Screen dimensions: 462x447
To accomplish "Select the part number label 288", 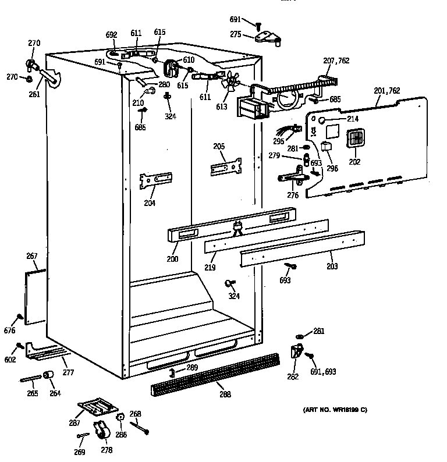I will click(x=225, y=394).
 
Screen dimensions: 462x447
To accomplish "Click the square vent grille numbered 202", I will click(x=354, y=140).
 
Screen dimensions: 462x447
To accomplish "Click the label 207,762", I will click(x=336, y=61).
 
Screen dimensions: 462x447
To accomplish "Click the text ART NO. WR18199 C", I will click(x=335, y=410).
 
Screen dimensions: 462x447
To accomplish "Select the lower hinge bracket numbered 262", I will click(x=296, y=353).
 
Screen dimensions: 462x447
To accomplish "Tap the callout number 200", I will click(x=172, y=259).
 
